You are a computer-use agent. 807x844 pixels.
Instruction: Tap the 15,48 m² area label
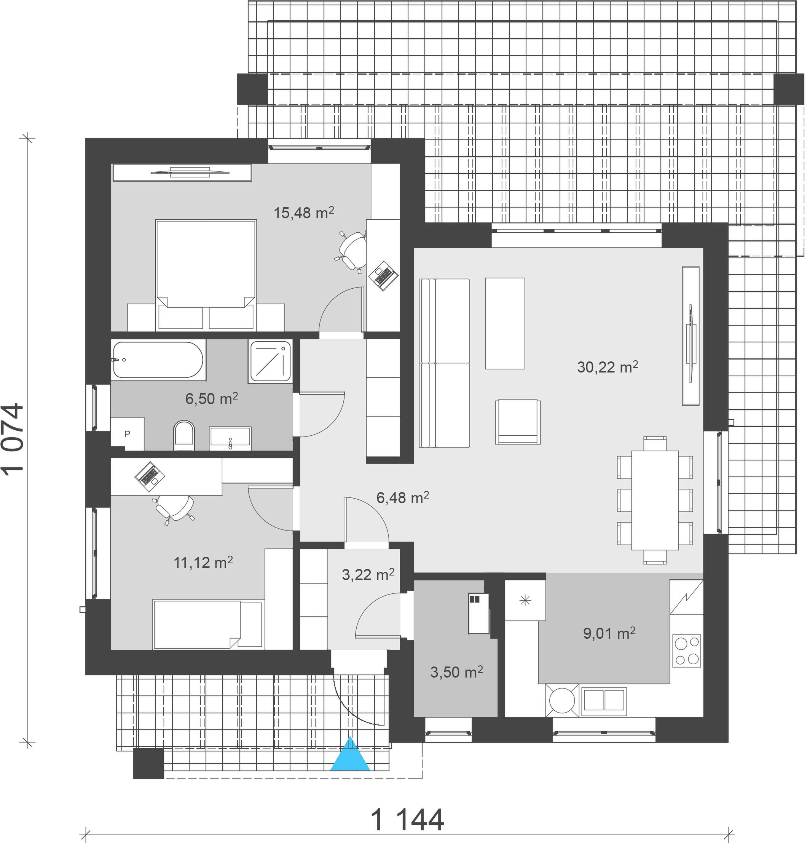[304, 213]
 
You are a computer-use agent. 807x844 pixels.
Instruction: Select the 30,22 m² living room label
[608, 367]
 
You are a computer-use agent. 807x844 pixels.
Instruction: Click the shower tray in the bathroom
[271, 362]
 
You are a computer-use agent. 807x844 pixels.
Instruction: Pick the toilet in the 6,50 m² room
[184, 436]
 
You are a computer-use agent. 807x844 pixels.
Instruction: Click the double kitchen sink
[603, 700]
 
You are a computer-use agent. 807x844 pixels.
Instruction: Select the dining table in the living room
[655, 500]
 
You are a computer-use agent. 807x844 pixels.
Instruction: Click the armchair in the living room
[518, 422]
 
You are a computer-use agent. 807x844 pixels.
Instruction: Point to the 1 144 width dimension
[407, 820]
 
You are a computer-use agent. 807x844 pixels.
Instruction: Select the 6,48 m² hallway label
[403, 497]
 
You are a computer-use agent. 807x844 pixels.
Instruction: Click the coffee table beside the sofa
[505, 323]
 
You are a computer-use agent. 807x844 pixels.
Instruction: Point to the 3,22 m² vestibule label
[368, 575]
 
